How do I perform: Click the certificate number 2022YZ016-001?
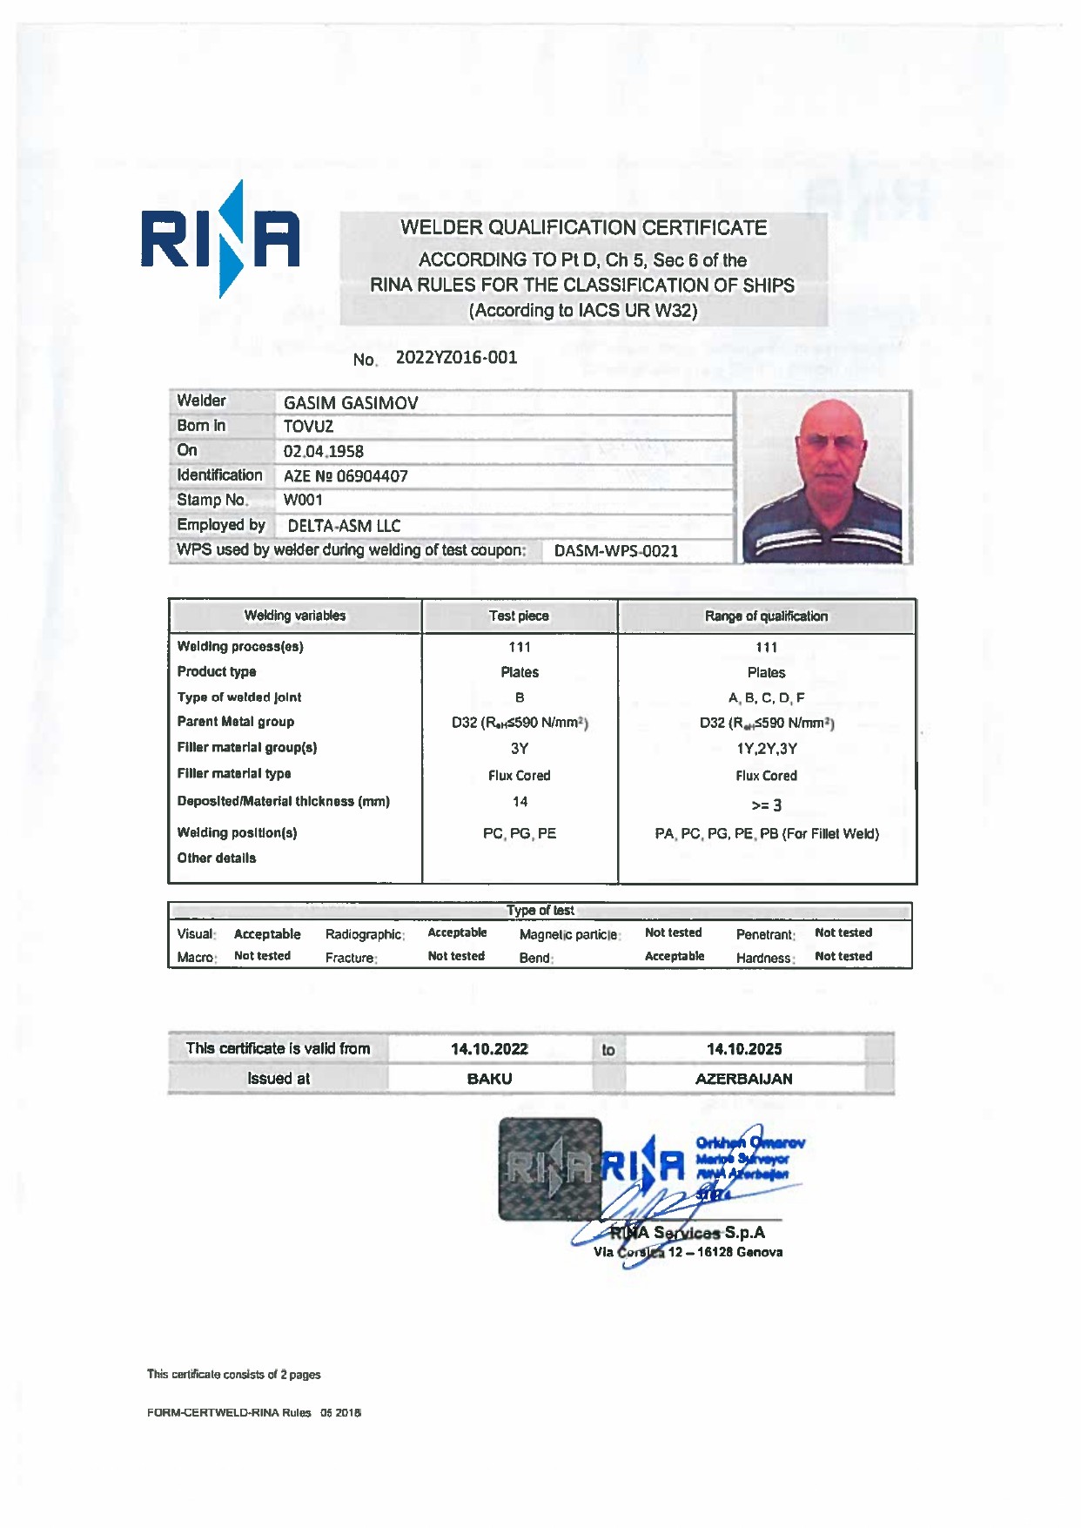point(456,358)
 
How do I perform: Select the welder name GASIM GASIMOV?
point(351,403)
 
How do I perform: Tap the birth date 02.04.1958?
point(324,452)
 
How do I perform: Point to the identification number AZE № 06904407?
point(346,476)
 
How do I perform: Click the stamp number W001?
point(303,501)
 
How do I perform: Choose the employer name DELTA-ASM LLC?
point(344,526)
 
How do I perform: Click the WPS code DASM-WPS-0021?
point(616,551)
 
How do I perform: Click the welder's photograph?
point(823,478)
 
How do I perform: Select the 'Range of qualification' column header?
point(766,616)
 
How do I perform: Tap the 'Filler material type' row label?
point(234,774)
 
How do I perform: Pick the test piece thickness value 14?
point(520,802)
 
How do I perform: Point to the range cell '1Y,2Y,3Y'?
point(766,749)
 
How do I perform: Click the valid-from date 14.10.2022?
point(489,1049)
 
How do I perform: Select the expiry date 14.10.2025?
point(744,1049)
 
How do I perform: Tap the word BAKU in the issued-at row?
point(489,1079)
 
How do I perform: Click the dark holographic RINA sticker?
point(549,1168)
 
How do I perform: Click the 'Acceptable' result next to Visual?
point(267,934)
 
